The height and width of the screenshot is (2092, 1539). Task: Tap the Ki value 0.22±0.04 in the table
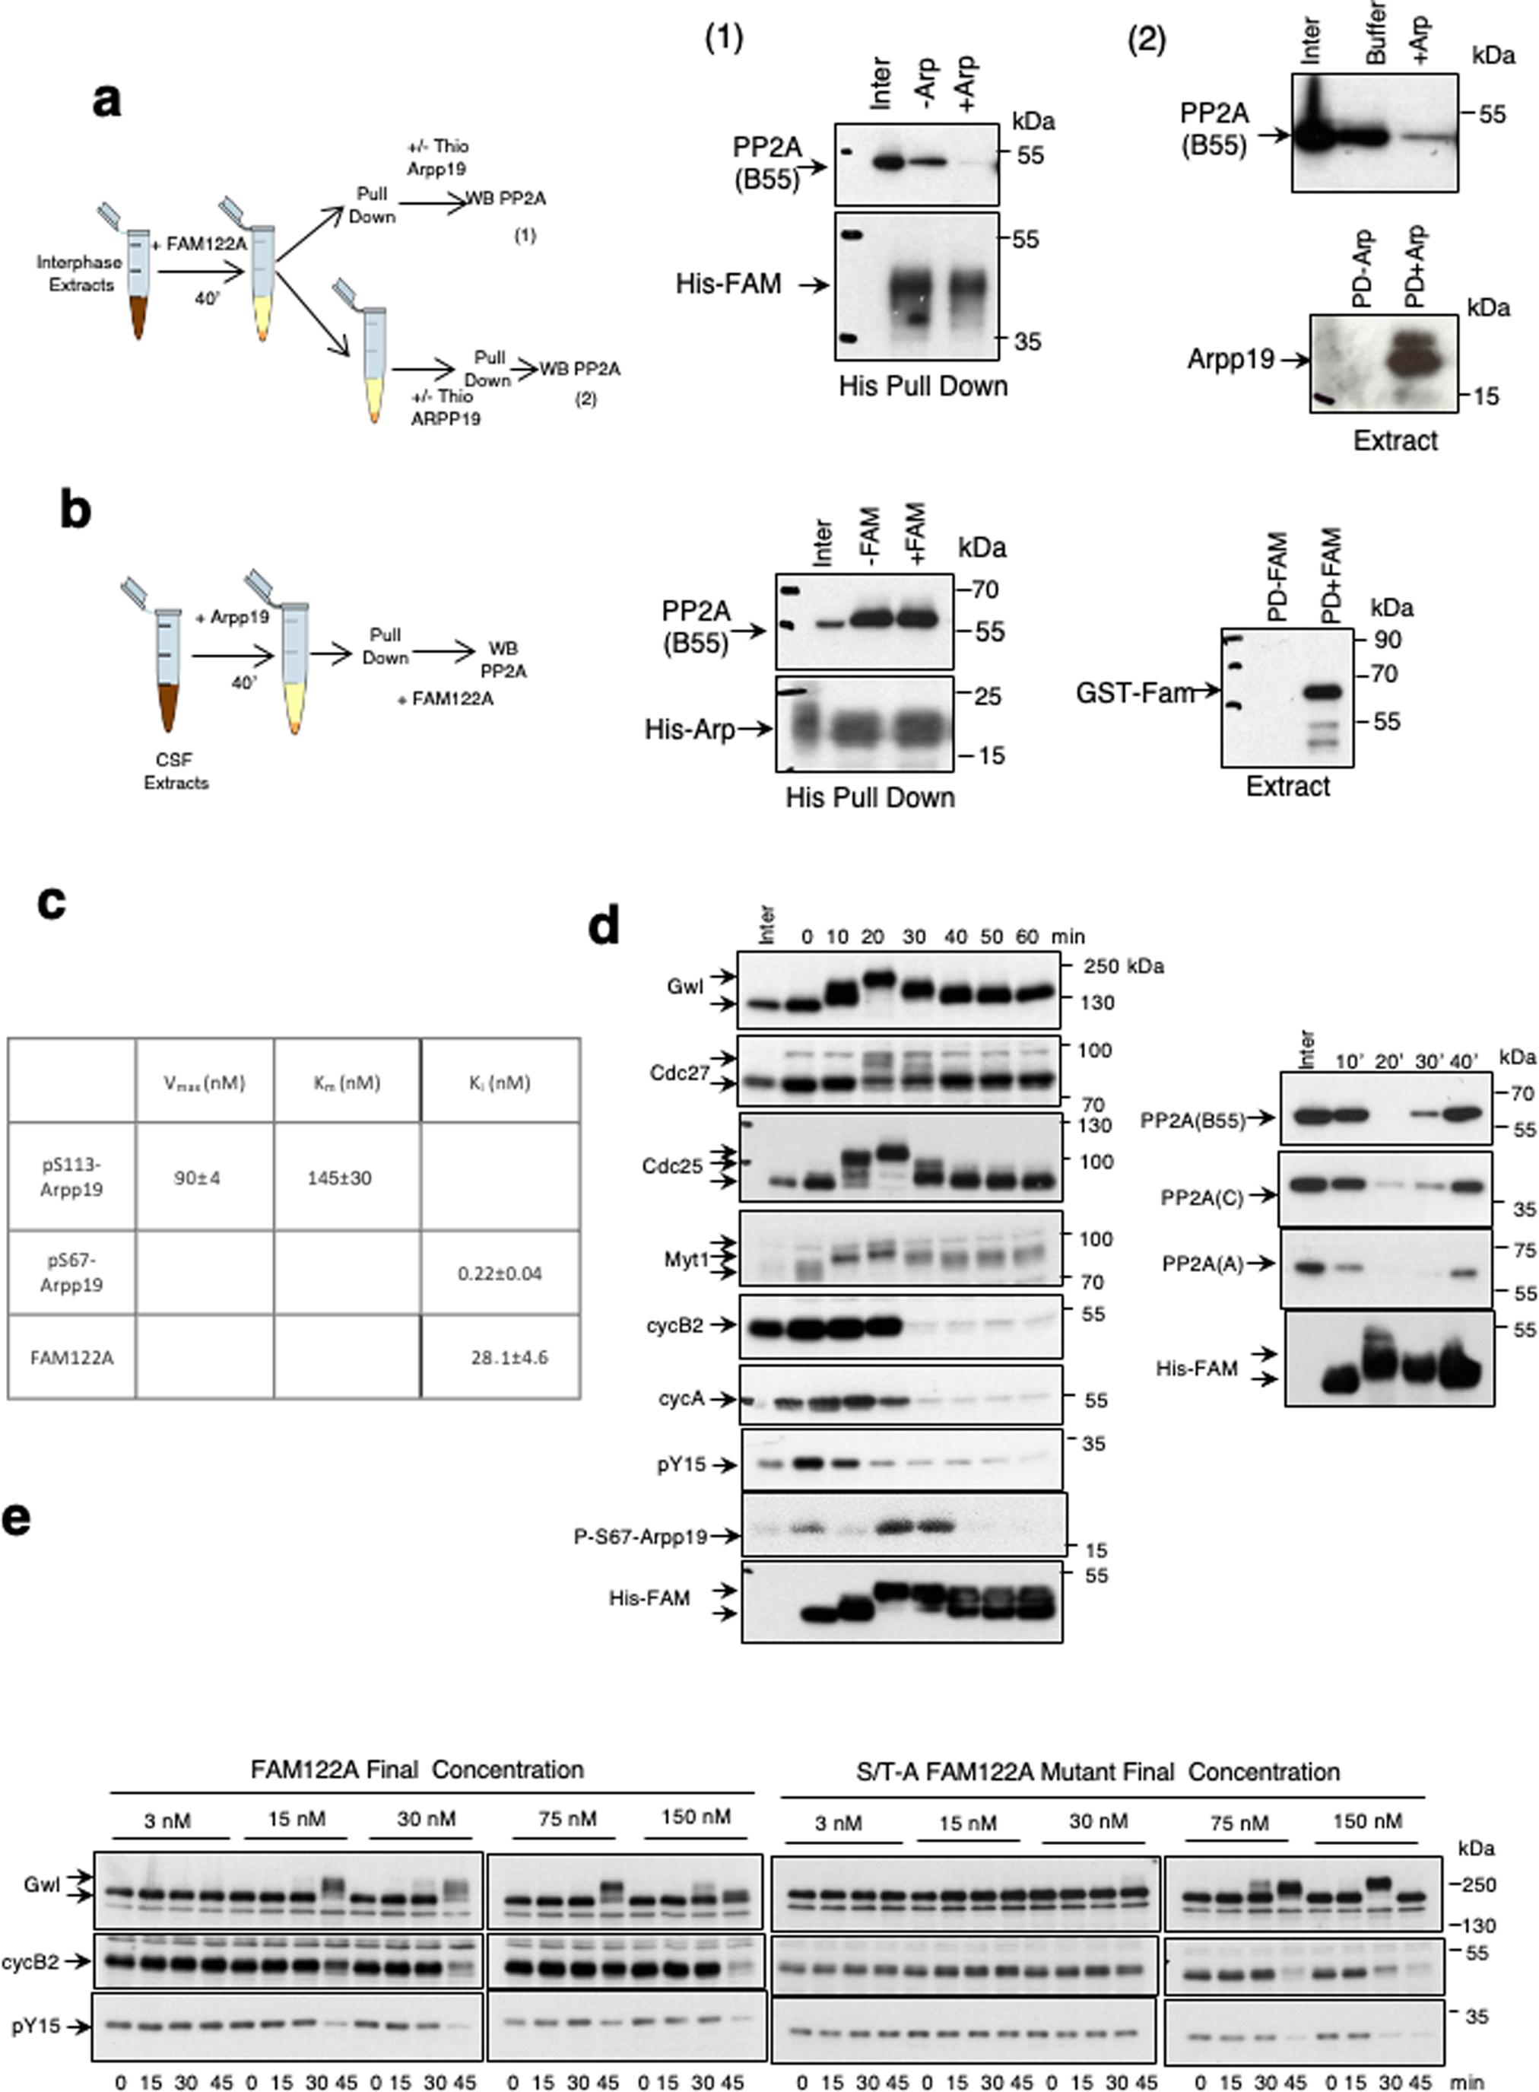click(500, 1273)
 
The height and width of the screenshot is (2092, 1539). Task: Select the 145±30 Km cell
click(339, 1178)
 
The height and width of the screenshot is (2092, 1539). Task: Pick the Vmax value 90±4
click(197, 1178)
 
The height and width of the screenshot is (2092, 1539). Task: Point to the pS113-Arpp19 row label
click(71, 1178)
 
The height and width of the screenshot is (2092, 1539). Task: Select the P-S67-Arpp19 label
click(640, 1536)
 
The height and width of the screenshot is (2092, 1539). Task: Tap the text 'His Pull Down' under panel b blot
click(870, 798)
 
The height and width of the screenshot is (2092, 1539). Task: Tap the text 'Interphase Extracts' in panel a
click(79, 273)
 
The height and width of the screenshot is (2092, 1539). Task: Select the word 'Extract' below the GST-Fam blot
click(1287, 787)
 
